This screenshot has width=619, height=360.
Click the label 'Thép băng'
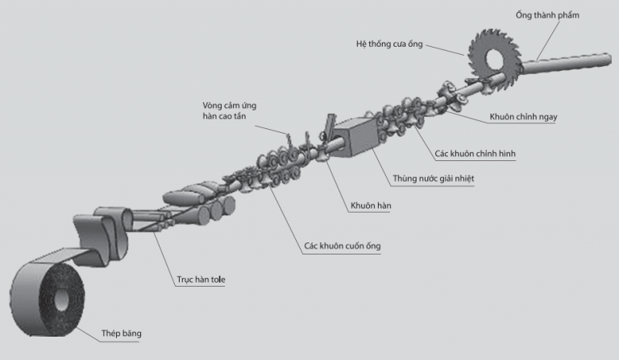point(121,333)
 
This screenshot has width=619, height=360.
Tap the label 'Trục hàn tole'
point(201,279)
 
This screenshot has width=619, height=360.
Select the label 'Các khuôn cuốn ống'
point(343,246)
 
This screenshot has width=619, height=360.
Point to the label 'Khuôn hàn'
point(371,205)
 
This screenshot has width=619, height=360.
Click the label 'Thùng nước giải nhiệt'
point(433,179)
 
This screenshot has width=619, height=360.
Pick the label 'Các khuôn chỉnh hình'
point(475,154)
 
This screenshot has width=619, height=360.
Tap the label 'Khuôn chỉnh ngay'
point(523,117)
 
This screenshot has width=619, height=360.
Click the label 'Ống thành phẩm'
point(547,15)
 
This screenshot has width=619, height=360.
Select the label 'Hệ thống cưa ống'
point(389,44)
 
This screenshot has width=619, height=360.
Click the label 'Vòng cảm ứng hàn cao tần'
point(230,111)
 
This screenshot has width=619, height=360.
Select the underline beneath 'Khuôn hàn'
point(368,213)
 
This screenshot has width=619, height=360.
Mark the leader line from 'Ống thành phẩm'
point(548,39)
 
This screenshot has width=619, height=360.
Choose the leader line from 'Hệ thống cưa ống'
point(445,50)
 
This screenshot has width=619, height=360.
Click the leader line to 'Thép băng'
point(87,334)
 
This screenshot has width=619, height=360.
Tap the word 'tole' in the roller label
point(218,279)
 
